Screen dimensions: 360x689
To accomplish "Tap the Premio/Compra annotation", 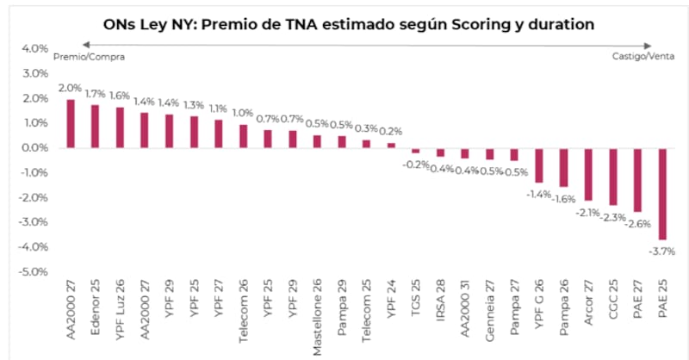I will (90, 57).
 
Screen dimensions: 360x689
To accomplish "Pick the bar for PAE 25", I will (663, 194).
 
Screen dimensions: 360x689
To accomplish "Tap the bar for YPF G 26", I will (539, 165).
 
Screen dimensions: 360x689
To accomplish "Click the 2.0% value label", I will (71, 89).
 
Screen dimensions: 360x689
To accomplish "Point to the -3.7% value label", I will (663, 251).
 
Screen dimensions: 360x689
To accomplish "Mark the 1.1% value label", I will (219, 109).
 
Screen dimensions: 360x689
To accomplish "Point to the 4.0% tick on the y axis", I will (34, 49).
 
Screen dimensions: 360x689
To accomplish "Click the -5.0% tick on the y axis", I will (33, 272).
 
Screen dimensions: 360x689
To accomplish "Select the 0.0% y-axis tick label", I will (34, 148).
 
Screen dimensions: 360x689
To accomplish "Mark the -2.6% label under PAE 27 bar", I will (638, 224).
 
